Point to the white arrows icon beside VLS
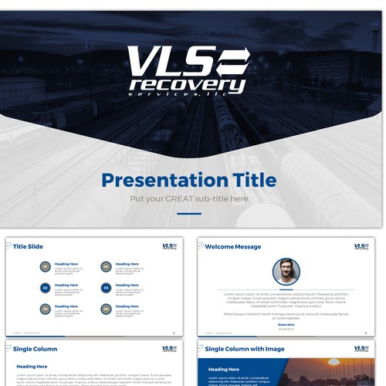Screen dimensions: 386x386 point(232,61)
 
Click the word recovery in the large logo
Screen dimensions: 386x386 point(188,84)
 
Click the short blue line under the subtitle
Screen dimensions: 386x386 point(188,213)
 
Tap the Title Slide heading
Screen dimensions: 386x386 point(29,247)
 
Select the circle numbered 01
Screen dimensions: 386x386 point(46,267)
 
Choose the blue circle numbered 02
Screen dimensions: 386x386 point(46,288)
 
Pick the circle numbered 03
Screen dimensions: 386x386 point(46,309)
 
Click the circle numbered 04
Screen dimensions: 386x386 point(106,267)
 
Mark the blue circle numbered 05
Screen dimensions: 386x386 point(106,288)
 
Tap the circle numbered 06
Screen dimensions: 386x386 point(106,309)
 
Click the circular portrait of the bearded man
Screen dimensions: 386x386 point(286,271)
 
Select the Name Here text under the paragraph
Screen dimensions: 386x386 point(286,324)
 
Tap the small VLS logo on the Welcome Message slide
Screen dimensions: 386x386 point(361,247)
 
